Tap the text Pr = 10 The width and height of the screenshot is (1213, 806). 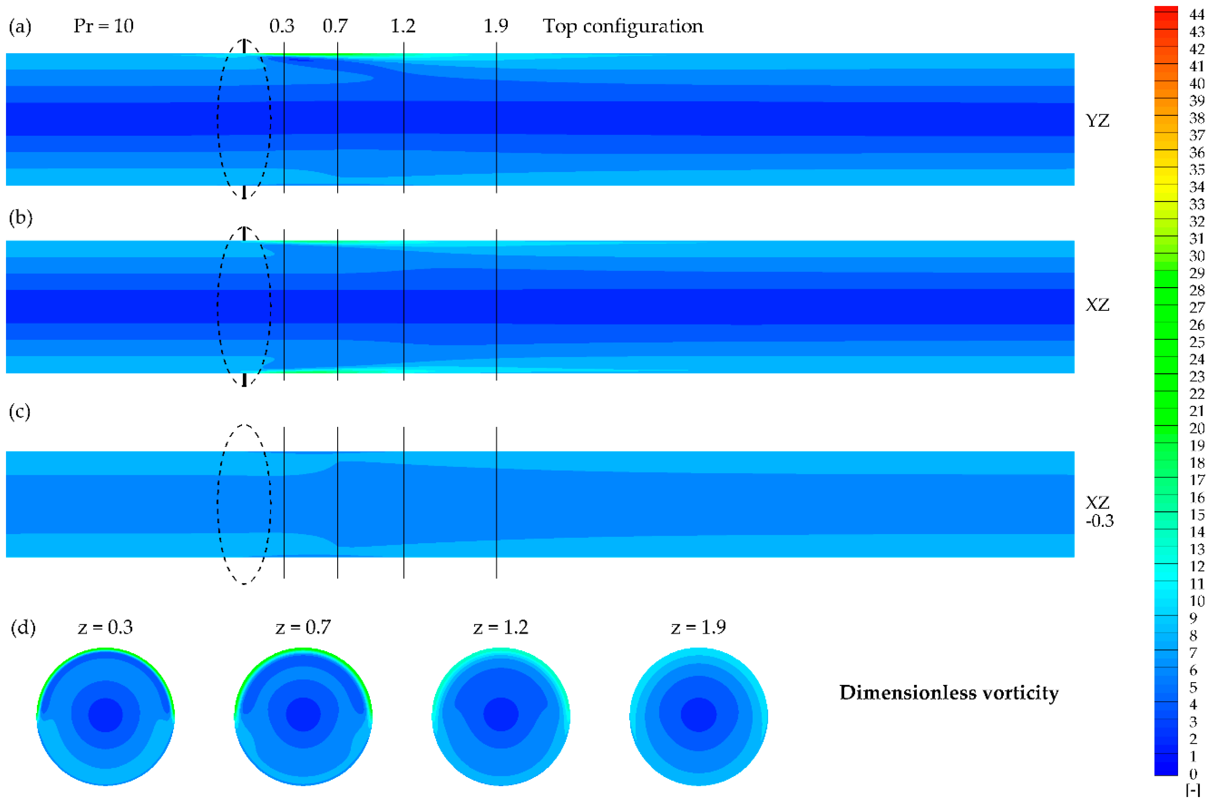103,26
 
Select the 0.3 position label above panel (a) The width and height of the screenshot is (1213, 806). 282,26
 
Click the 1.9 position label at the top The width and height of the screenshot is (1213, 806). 496,26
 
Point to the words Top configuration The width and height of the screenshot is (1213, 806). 623,26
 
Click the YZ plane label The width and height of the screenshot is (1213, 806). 1097,121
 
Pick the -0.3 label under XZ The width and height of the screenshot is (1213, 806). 1099,521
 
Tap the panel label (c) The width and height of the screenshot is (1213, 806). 20,412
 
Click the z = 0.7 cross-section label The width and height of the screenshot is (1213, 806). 303,627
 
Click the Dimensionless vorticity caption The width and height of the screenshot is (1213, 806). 949,693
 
